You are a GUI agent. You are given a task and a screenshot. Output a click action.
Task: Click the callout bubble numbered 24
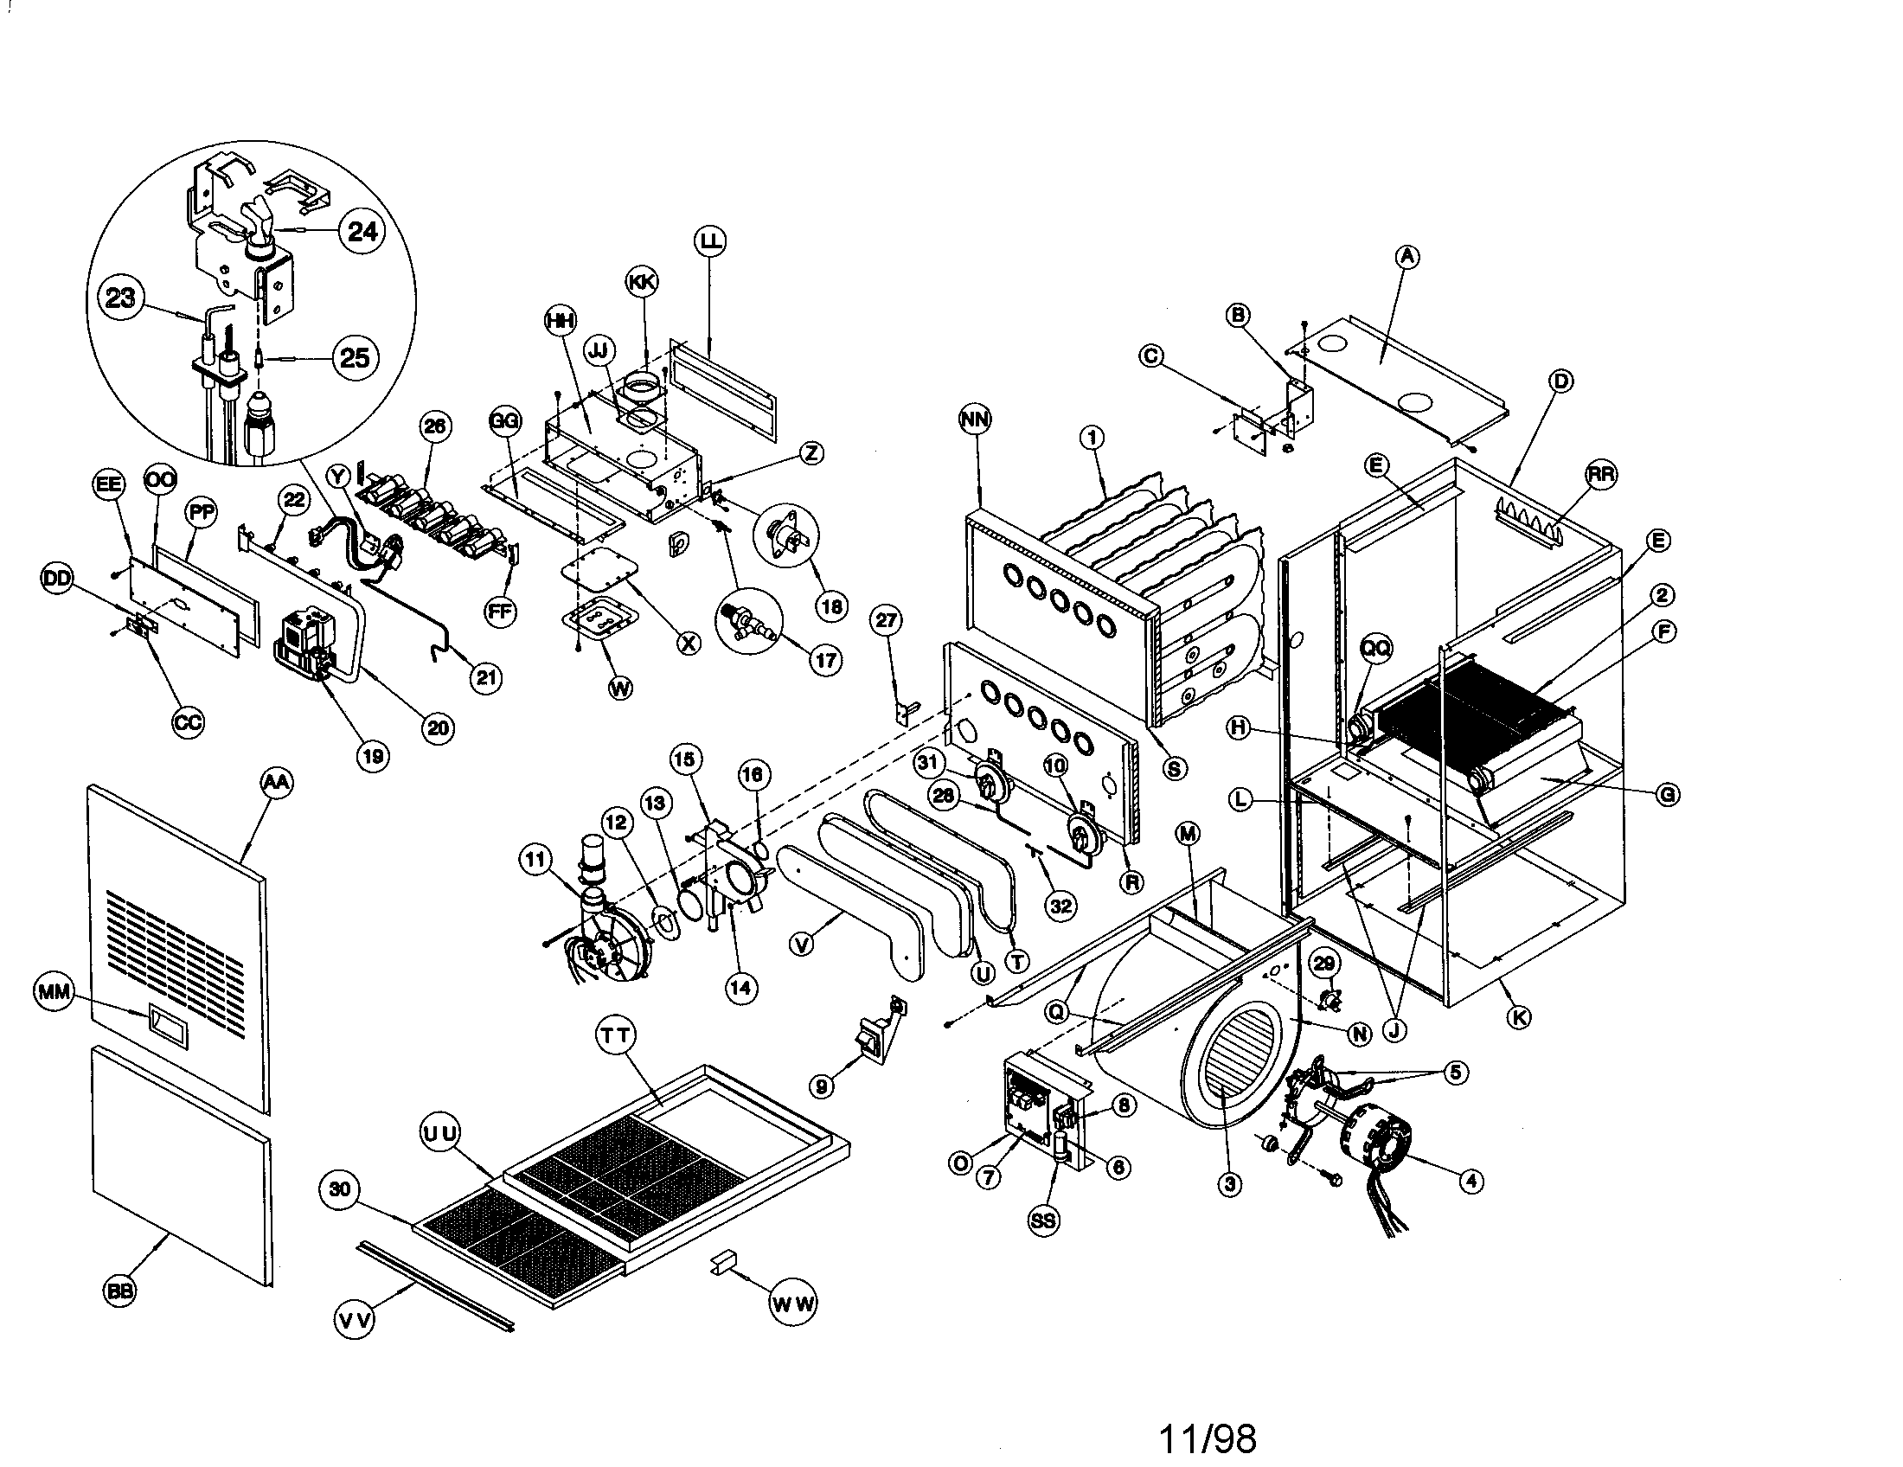[362, 231]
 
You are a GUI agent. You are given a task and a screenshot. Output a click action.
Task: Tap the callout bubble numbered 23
[120, 298]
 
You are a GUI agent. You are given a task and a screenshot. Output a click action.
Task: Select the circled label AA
[276, 782]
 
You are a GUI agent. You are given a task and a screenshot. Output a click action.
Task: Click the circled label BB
[119, 1291]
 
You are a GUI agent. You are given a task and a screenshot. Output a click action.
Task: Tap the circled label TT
[616, 1035]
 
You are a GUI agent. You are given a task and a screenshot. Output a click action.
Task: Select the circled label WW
[793, 1304]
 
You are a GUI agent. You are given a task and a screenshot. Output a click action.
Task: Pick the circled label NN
[975, 419]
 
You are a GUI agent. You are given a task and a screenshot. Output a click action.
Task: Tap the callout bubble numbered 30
[340, 1190]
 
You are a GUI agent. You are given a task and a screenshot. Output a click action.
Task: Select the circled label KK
[641, 281]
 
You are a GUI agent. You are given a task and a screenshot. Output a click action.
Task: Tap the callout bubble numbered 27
[886, 620]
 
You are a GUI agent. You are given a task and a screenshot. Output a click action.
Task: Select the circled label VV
[355, 1320]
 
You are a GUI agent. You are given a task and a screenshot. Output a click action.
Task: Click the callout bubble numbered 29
[1323, 964]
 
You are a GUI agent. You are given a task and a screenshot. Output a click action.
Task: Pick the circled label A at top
[1407, 256]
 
